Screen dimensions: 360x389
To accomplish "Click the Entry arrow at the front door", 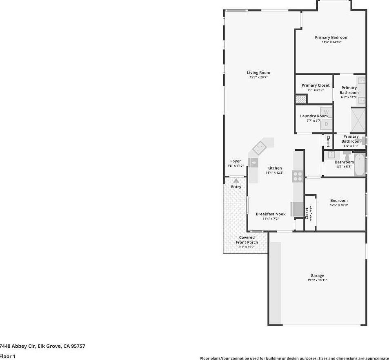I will (x=236, y=180).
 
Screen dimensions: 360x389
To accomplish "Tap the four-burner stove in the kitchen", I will (x=298, y=177).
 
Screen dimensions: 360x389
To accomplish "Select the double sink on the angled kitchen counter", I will (x=260, y=147).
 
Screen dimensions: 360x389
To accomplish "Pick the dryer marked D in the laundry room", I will (x=326, y=124).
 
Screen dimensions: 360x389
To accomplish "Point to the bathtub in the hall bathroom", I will (x=359, y=164).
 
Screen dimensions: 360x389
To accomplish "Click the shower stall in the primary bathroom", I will (x=358, y=120).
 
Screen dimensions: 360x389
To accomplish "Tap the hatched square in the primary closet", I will (x=300, y=99).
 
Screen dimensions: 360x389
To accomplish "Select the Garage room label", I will (x=317, y=276).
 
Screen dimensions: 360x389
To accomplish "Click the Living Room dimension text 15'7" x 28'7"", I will (x=258, y=77).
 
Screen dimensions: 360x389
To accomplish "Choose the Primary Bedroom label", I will (x=331, y=38).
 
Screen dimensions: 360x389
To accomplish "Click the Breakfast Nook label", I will (x=271, y=214).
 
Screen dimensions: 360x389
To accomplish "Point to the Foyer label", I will (x=236, y=161).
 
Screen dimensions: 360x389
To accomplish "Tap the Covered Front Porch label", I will (x=247, y=240).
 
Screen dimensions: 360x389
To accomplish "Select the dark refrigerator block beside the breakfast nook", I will (x=297, y=209).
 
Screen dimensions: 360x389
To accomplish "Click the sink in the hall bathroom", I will (x=331, y=155).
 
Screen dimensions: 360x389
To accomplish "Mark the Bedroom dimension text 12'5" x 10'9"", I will (x=339, y=205).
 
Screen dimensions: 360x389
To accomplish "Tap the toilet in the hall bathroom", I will (x=347, y=156).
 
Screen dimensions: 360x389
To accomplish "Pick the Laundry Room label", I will (x=313, y=116).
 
